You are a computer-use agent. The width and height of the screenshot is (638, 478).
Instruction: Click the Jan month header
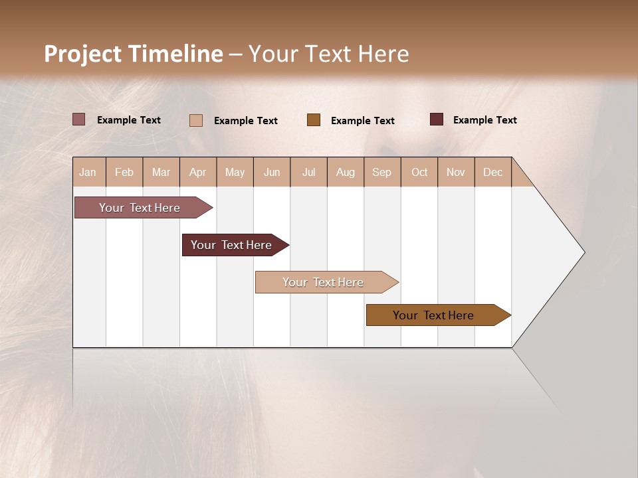tap(88, 172)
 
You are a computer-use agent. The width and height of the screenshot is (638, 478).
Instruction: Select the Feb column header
tap(124, 172)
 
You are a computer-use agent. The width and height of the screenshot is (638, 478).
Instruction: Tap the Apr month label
tap(197, 172)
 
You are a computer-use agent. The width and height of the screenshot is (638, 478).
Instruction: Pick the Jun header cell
tap(272, 172)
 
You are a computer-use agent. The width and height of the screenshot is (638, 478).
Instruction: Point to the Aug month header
tap(345, 172)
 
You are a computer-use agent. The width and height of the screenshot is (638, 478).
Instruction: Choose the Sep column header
tap(381, 172)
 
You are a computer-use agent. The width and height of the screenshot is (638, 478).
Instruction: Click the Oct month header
tap(419, 172)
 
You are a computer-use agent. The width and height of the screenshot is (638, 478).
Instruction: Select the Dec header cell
tap(492, 172)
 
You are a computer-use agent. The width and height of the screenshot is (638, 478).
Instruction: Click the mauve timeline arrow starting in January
tap(140, 208)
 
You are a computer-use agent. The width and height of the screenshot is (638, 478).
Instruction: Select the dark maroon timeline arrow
tap(232, 245)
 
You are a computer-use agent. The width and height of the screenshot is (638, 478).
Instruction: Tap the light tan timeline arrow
tap(324, 282)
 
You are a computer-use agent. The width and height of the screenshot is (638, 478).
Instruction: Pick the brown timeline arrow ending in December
tap(434, 315)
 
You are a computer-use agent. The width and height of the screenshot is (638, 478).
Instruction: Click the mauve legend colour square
tap(78, 119)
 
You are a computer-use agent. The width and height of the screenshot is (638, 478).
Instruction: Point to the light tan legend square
tap(195, 120)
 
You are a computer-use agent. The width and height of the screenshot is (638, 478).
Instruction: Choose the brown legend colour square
tap(313, 120)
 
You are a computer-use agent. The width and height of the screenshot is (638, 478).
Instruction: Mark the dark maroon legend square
tap(436, 119)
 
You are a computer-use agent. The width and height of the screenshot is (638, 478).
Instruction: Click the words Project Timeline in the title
tap(133, 54)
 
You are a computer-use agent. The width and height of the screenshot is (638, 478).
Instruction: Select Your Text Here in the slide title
tap(328, 54)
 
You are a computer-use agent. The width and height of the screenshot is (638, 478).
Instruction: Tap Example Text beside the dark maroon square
tap(484, 120)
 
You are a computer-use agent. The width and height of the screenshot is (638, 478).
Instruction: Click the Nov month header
tap(455, 172)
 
